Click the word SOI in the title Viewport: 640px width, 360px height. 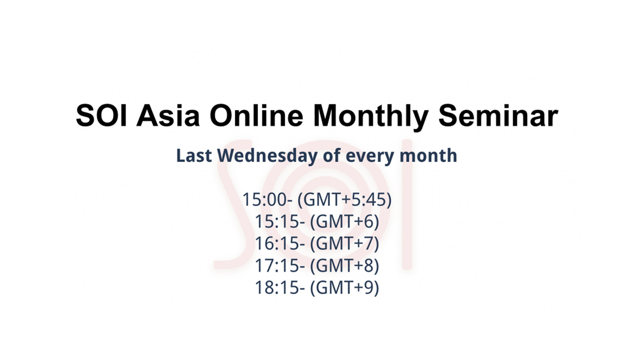point(101,116)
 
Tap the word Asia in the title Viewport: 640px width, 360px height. point(168,116)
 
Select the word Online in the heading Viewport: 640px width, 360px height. point(256,116)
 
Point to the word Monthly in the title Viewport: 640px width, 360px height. point(370,116)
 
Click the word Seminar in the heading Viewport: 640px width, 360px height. point(498,116)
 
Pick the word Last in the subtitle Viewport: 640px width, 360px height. point(194,156)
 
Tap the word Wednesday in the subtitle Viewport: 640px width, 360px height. point(268,156)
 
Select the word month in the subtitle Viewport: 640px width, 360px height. point(428,156)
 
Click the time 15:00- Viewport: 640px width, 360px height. point(267,199)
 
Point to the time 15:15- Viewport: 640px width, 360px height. point(280,221)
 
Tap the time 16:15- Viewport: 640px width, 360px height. point(280,243)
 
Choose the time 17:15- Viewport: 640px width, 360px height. point(280,265)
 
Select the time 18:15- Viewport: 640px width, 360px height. point(280,287)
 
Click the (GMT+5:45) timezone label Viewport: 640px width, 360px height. point(344,199)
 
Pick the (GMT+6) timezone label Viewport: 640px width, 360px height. point(344,221)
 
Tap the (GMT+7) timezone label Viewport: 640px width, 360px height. point(344,243)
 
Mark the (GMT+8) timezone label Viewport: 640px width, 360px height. point(344,265)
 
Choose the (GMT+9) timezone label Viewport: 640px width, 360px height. point(344,287)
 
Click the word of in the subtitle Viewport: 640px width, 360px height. point(332,156)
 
